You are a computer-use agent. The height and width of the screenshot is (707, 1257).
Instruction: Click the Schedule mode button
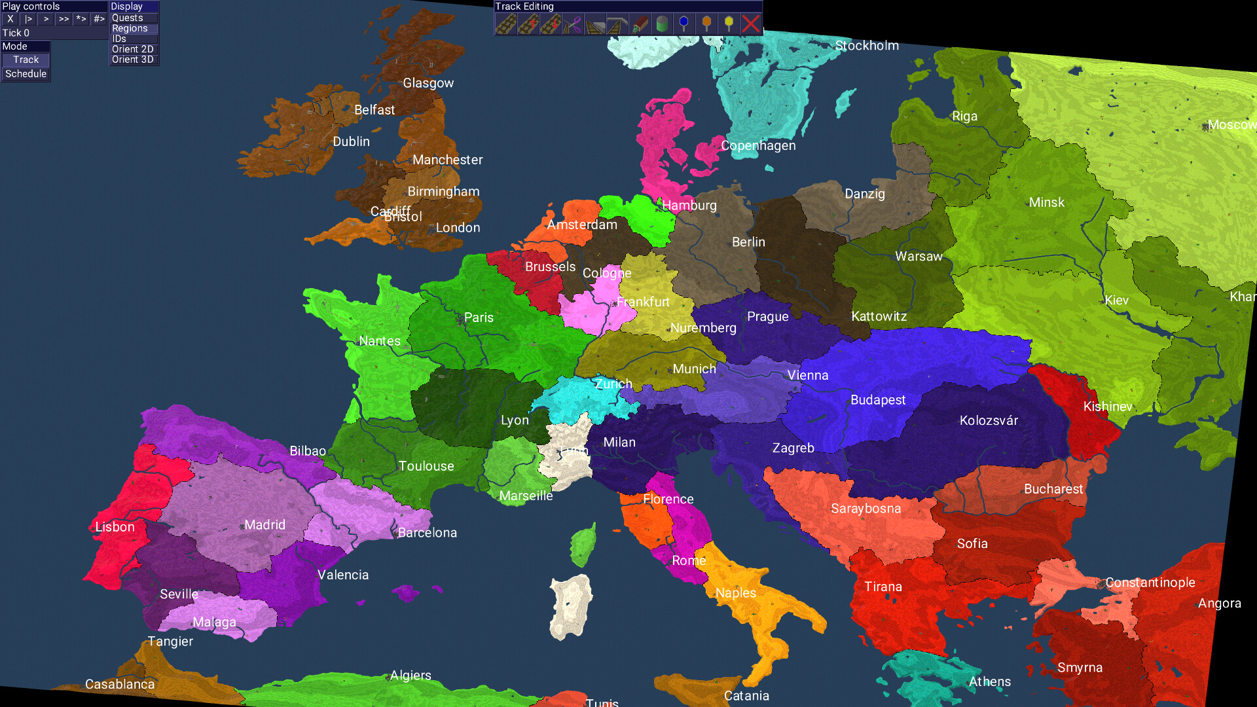(x=26, y=74)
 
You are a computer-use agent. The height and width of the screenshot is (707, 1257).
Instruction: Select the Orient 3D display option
(x=133, y=60)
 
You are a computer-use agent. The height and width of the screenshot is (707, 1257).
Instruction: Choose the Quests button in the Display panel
(x=128, y=18)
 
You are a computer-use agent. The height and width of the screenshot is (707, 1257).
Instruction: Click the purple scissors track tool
(x=573, y=25)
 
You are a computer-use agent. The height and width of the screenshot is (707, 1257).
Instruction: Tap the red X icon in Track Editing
(x=751, y=25)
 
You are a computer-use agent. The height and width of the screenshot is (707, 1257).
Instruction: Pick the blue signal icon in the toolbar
(x=684, y=24)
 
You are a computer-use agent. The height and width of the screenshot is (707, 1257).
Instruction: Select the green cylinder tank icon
(x=662, y=25)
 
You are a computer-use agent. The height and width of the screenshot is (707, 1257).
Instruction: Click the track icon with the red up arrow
(x=528, y=25)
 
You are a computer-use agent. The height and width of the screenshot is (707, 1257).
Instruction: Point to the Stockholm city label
(x=867, y=46)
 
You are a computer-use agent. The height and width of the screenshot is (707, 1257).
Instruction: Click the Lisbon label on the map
(x=115, y=527)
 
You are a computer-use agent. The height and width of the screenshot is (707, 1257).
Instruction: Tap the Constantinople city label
(x=1150, y=583)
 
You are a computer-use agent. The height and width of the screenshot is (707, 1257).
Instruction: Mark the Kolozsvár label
(x=989, y=420)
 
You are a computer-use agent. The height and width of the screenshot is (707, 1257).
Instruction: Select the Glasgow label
(x=428, y=83)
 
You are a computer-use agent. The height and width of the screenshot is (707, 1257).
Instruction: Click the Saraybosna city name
(x=865, y=509)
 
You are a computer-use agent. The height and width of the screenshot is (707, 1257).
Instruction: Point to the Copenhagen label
(x=758, y=145)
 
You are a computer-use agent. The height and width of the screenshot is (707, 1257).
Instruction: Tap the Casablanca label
(x=120, y=684)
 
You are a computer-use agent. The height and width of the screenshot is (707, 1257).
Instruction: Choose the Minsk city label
(x=1046, y=202)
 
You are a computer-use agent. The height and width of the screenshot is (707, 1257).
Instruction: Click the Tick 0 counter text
(x=16, y=33)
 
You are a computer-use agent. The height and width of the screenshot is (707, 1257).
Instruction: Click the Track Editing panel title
(x=524, y=7)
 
